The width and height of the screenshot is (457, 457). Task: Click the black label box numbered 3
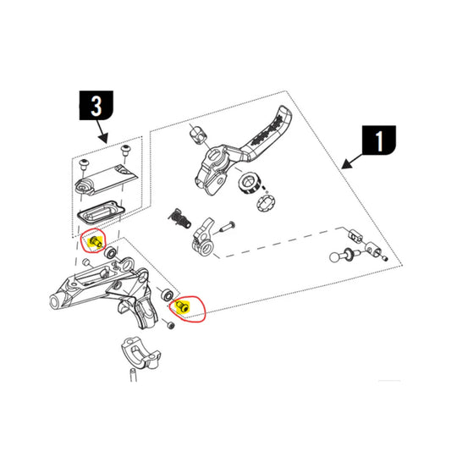coord(96,106)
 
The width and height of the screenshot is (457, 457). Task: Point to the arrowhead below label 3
coord(102,139)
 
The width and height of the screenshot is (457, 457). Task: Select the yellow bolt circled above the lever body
coord(93,243)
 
